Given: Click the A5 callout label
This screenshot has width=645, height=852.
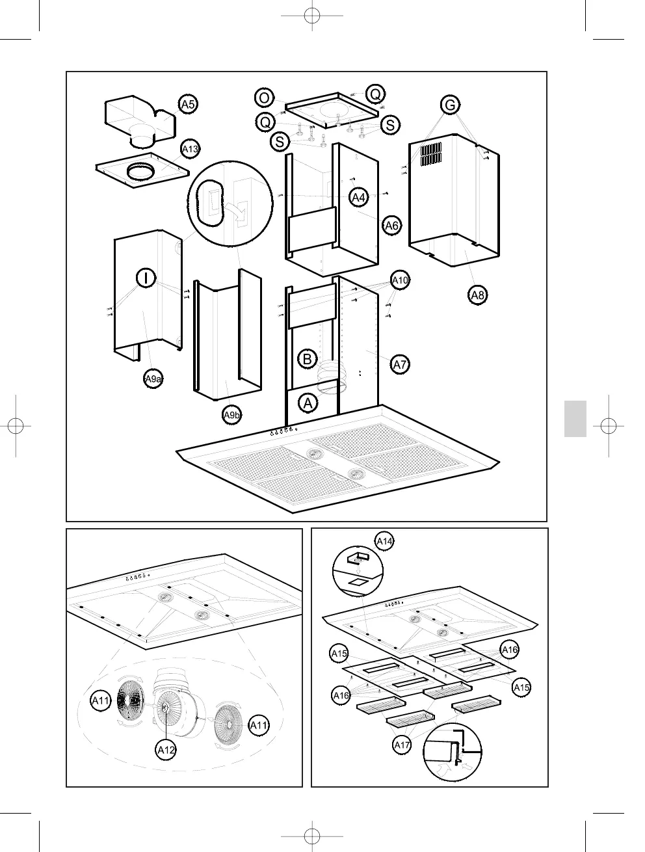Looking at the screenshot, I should tap(188, 104).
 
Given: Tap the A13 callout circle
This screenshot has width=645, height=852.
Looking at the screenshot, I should tap(190, 150).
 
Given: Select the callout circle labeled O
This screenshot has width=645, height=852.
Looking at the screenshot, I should tap(264, 98).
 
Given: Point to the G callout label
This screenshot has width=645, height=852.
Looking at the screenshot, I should tap(449, 104).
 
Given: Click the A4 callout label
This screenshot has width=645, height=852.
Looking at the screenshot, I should tap(358, 196).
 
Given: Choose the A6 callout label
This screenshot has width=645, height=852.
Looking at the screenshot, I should tap(391, 226).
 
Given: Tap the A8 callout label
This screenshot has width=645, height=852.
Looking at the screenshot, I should tap(478, 295).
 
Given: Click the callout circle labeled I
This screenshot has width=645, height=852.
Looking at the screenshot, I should tap(147, 278).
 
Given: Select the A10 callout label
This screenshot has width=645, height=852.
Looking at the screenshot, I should tap(400, 280).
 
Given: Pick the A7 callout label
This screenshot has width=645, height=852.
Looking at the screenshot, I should tap(400, 364).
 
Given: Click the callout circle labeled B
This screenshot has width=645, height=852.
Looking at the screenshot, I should tap(308, 358).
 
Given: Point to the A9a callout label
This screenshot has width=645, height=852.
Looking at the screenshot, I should tap(153, 379).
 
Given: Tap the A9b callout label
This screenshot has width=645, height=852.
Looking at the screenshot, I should tap(232, 414).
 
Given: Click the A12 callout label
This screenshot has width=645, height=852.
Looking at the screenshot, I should tap(166, 750).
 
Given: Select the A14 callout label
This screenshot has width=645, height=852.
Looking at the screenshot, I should tap(385, 540).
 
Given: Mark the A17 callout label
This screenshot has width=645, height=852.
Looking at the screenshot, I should tap(402, 745).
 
